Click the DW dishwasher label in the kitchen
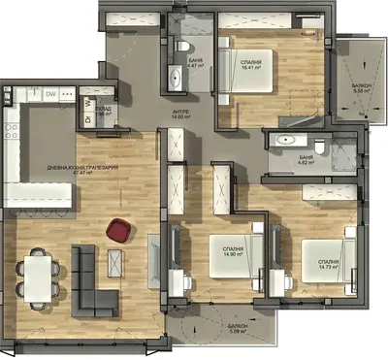click(x=51, y=95)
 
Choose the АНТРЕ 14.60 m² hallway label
click(x=181, y=115)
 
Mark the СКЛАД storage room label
click(x=101, y=110)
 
